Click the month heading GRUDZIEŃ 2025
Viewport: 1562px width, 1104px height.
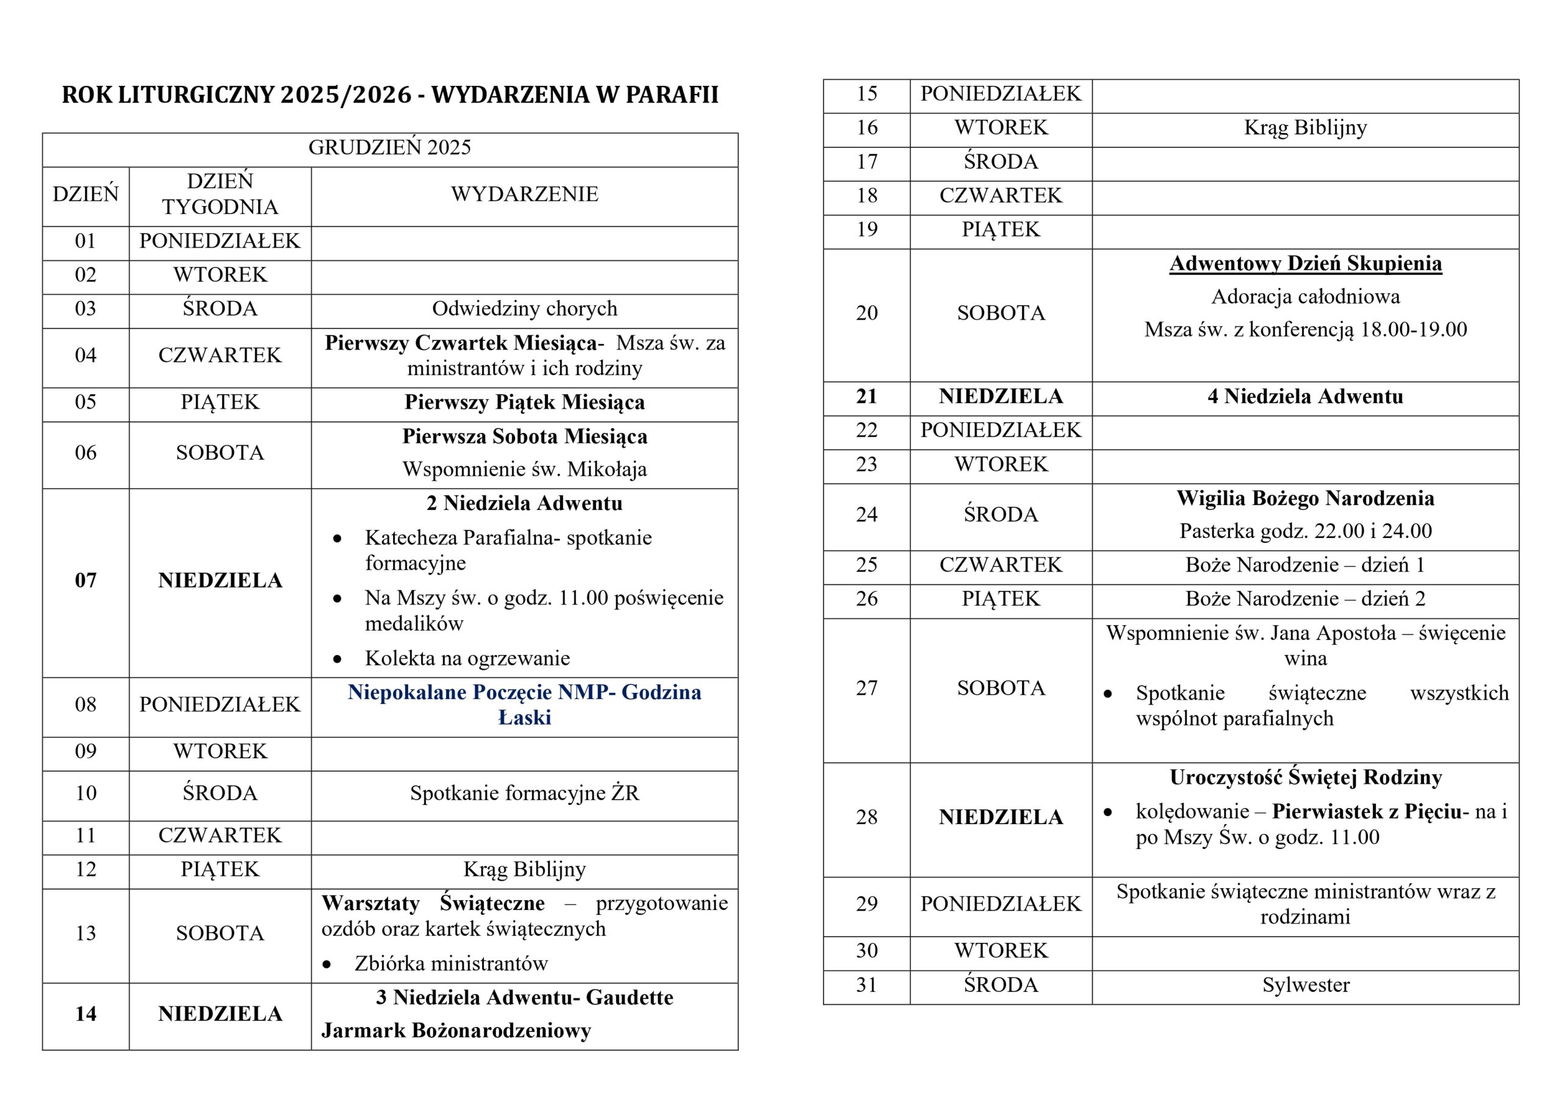(x=389, y=148)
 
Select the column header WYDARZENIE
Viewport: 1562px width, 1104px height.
(x=524, y=195)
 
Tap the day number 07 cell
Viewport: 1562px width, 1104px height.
(x=85, y=580)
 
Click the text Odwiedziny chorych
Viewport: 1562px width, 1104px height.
(x=524, y=309)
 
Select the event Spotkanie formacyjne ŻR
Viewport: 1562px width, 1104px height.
(x=524, y=793)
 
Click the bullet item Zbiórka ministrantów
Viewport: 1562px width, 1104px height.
(x=450, y=963)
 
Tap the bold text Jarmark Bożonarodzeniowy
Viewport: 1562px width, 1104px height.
(x=456, y=1031)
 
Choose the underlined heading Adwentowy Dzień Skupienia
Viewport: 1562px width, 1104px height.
(x=1305, y=264)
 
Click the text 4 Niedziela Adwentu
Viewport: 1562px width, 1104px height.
(x=1305, y=396)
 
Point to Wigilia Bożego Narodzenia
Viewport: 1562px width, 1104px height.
(x=1305, y=498)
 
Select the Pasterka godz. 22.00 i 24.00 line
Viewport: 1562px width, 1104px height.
(x=1305, y=531)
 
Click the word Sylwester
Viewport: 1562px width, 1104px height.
(x=1305, y=985)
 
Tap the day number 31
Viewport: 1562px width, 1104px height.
(x=866, y=985)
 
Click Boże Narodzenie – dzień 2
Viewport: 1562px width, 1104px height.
(x=1305, y=600)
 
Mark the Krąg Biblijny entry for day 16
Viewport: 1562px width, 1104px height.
(x=1305, y=128)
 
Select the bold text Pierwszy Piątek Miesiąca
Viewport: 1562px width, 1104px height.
(x=524, y=403)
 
